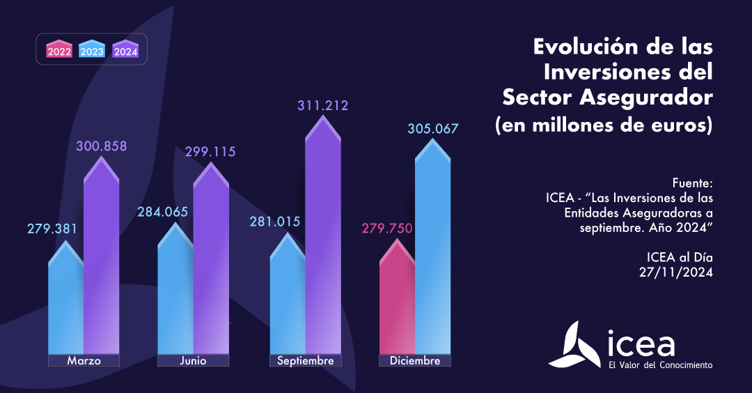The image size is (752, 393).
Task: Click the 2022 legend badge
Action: [x=59, y=49]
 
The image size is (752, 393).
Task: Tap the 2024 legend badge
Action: [x=125, y=49]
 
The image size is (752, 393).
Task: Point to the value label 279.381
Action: [x=52, y=229]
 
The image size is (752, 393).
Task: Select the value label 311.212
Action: [x=322, y=106]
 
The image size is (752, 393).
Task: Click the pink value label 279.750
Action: [x=386, y=229]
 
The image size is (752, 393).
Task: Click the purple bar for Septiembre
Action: [x=322, y=244]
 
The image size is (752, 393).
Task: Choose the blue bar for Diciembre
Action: [x=432, y=258]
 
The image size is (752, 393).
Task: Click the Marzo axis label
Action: [x=84, y=361]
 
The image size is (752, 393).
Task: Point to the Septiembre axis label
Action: [x=305, y=361]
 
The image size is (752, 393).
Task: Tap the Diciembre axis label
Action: [x=415, y=361]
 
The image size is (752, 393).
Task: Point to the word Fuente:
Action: [x=694, y=183]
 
